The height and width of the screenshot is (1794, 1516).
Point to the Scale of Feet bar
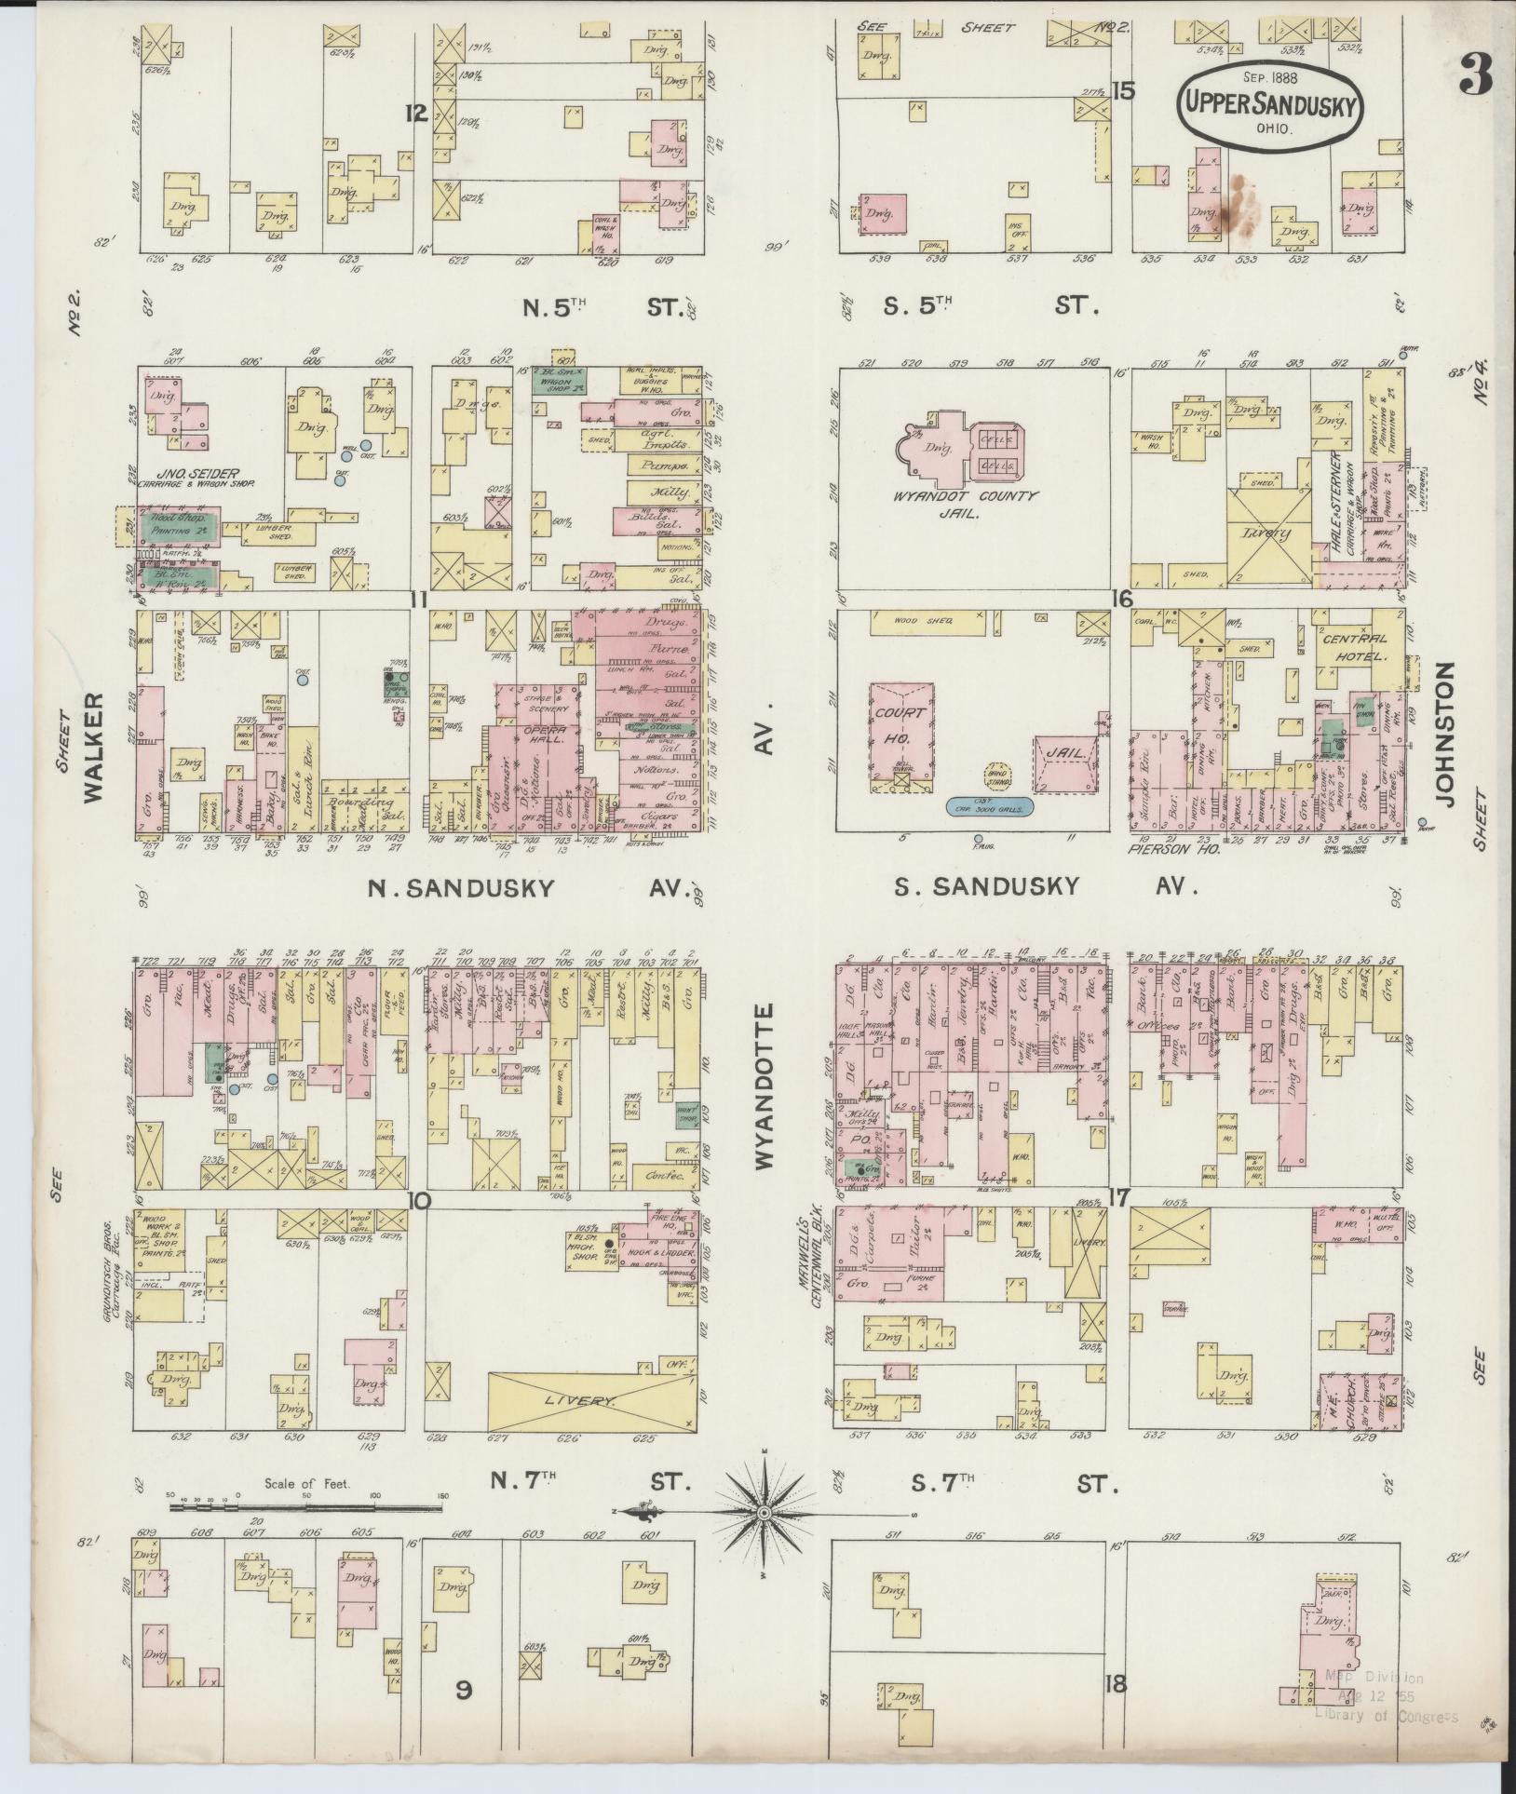[x=306, y=1500]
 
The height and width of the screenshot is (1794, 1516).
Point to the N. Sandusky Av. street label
[x=462, y=887]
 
